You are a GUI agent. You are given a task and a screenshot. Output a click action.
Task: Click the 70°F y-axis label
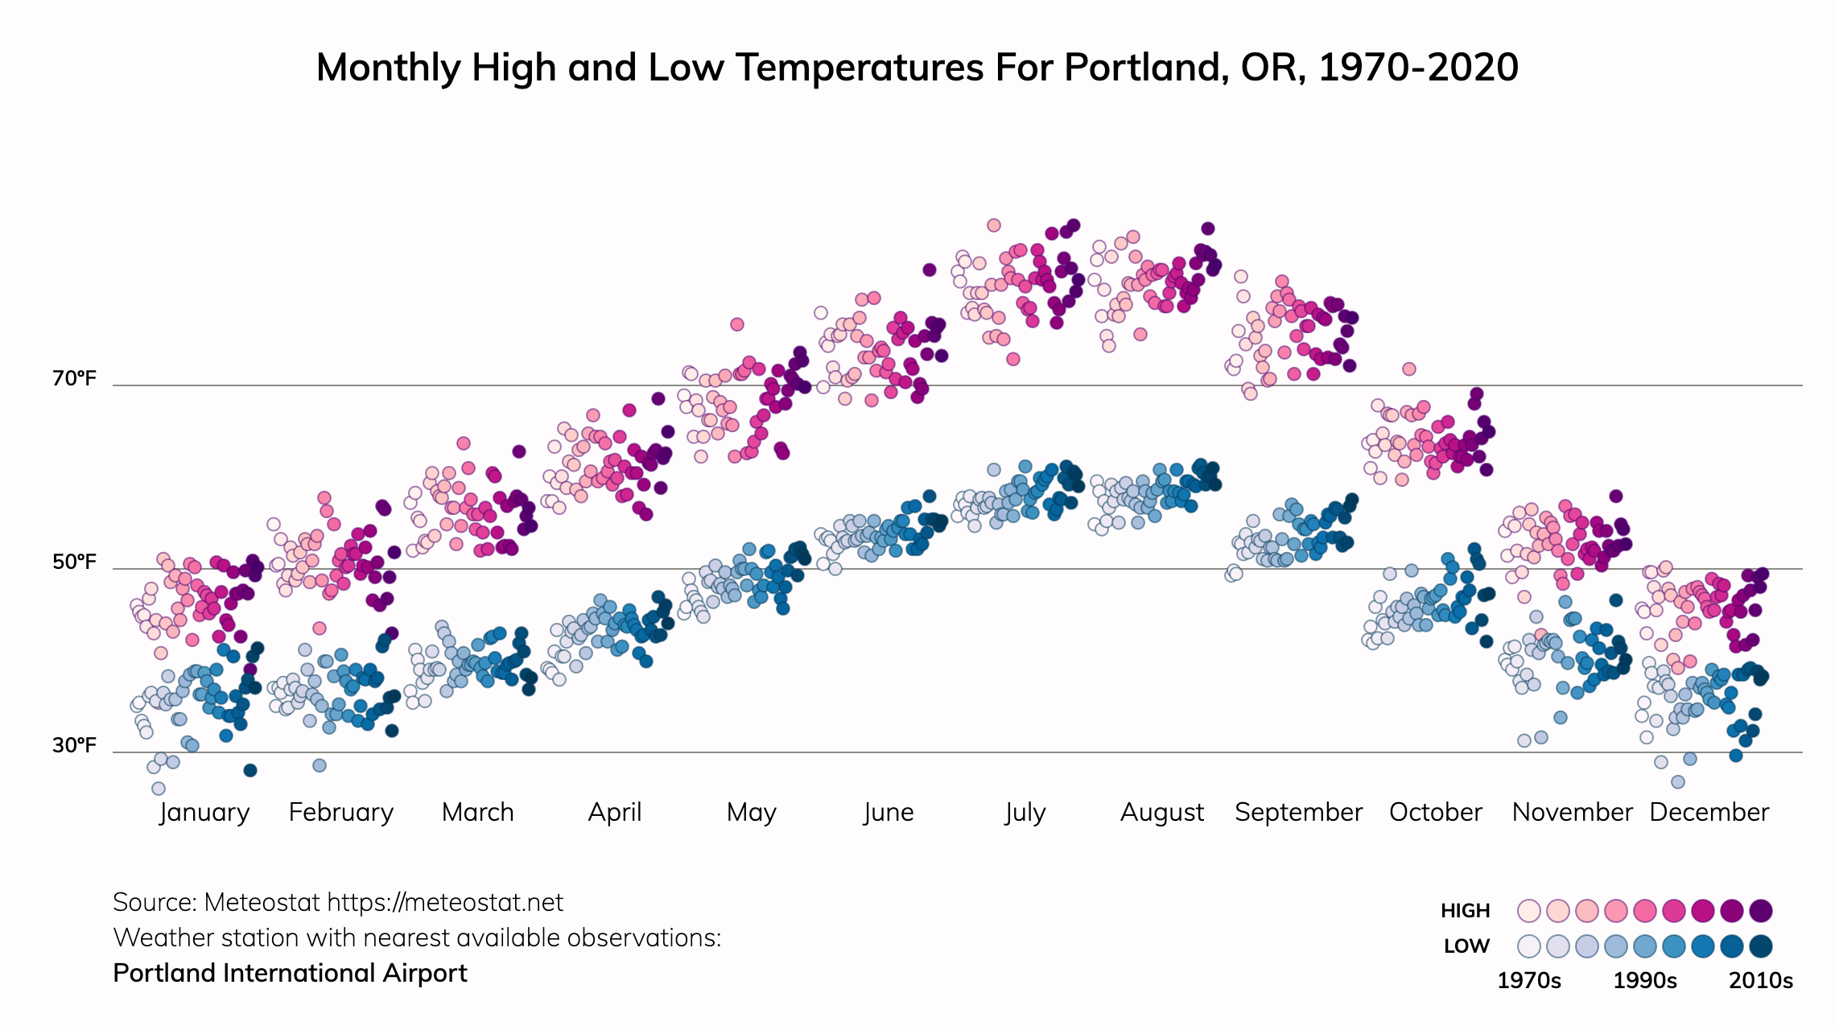(x=74, y=378)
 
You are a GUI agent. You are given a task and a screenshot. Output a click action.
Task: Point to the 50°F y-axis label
(x=74, y=562)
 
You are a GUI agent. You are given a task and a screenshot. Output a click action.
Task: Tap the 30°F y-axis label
(x=74, y=745)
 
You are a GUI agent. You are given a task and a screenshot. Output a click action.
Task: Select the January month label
(x=204, y=812)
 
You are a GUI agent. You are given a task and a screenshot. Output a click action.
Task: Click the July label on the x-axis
(x=1025, y=812)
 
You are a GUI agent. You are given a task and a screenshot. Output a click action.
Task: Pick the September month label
(x=1298, y=812)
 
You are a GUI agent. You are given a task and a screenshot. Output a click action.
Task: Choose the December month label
(x=1709, y=812)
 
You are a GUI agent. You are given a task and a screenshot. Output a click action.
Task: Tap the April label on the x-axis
(x=615, y=812)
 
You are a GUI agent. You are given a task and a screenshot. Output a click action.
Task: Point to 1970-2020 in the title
(x=1418, y=68)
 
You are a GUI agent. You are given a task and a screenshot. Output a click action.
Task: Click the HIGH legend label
(x=1465, y=910)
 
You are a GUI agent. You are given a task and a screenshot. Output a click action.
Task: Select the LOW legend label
(x=1466, y=946)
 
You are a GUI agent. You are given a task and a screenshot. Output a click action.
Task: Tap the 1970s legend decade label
(x=1528, y=981)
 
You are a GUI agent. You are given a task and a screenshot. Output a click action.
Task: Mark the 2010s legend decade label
(x=1761, y=981)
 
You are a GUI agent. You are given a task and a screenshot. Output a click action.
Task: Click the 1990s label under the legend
(x=1645, y=981)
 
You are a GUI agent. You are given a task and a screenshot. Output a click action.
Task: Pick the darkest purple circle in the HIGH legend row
(x=1761, y=911)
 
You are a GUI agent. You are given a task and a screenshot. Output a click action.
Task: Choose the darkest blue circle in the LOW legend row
(x=1761, y=946)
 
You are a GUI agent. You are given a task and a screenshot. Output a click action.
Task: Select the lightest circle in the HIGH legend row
(x=1529, y=911)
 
